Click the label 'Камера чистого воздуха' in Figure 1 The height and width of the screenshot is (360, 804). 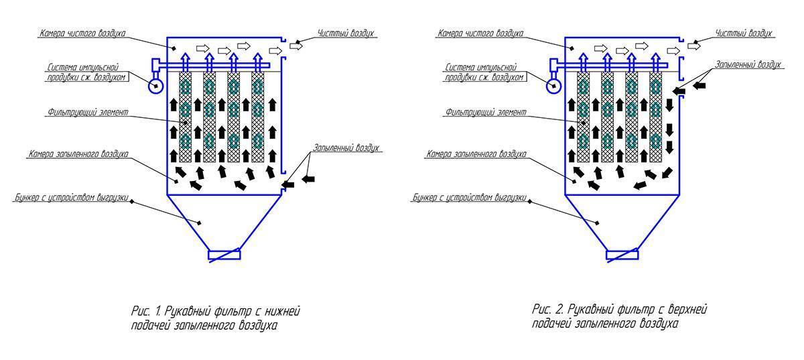point(82,34)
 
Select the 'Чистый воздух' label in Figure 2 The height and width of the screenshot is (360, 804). point(743,34)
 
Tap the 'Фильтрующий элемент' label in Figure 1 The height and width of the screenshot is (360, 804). point(88,112)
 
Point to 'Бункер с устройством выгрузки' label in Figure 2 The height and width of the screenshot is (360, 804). point(470,197)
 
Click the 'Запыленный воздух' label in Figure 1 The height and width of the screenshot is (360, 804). point(346,148)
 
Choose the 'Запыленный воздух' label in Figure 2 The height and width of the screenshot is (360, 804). point(748,64)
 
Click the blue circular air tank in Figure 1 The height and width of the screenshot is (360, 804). point(156,86)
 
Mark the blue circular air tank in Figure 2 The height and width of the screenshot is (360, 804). point(554,86)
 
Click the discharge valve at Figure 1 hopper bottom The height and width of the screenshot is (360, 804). point(224,255)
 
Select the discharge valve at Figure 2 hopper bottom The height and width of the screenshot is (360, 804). point(622,255)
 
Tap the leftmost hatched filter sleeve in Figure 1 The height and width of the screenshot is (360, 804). point(185,117)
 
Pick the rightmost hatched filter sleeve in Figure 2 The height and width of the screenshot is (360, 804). point(656,117)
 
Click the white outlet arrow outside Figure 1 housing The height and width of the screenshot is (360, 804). point(296,46)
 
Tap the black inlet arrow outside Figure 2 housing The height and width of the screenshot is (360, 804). point(699,86)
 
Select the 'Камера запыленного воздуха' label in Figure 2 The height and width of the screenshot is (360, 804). point(476,154)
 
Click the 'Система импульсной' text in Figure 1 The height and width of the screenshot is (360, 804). point(83,67)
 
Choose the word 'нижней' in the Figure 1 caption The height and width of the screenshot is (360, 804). point(283,311)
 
